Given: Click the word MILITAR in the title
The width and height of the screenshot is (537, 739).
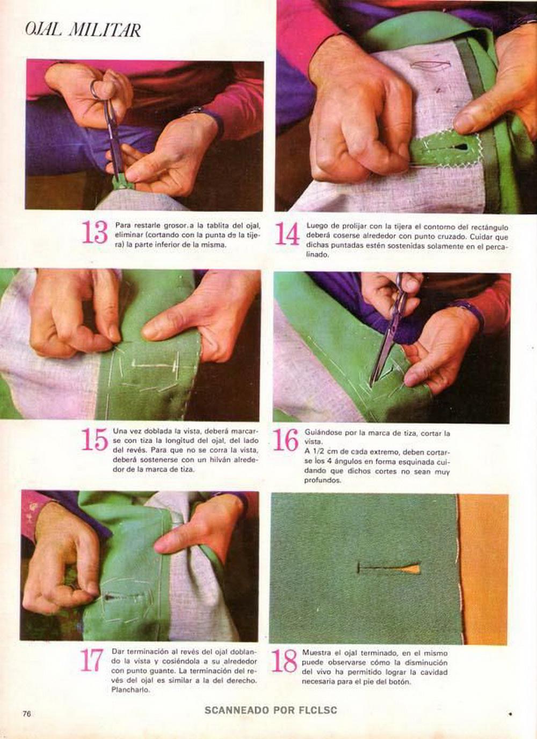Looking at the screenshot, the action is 105,30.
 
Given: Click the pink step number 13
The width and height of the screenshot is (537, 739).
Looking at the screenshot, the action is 95,232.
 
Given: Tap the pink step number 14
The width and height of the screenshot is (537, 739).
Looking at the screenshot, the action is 287,234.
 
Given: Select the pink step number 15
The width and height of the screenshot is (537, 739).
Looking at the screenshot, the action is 95,439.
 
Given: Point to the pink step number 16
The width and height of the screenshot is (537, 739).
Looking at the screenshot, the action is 286,440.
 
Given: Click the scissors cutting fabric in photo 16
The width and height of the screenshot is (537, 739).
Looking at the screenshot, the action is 390,333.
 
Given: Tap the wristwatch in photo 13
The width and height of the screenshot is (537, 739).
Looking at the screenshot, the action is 197,109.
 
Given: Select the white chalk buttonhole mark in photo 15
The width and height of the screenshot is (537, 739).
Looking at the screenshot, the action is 154,365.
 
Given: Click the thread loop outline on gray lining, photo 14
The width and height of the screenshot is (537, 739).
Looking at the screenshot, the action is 430,66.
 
